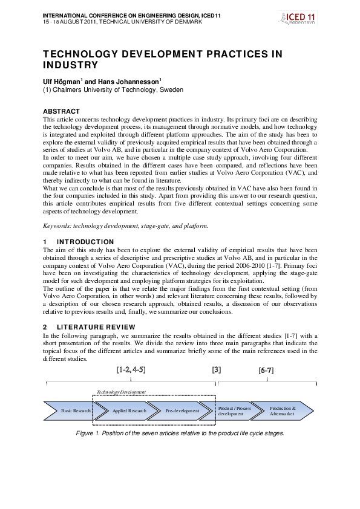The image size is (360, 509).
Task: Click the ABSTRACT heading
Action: click(61, 111)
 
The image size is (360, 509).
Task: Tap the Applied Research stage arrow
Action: click(129, 411)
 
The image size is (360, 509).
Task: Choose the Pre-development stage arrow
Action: click(182, 411)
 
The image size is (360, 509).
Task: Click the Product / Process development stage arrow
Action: click(235, 411)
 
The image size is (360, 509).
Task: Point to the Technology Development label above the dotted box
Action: click(122, 392)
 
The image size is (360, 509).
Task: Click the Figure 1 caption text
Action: click(180, 433)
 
